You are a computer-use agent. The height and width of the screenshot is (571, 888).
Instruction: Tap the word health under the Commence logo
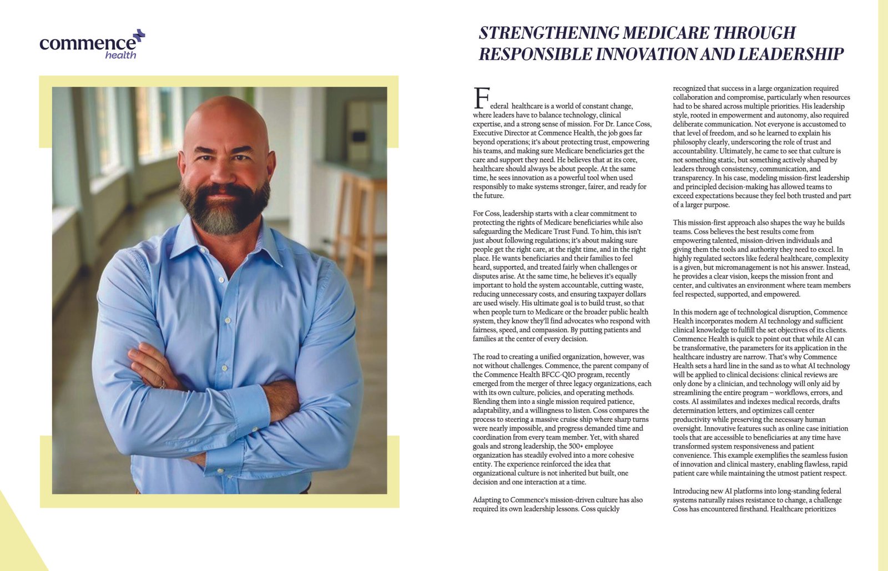click(120, 55)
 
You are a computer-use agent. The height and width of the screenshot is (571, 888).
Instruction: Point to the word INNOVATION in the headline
click(646, 54)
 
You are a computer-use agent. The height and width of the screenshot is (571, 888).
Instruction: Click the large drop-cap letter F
click(481, 98)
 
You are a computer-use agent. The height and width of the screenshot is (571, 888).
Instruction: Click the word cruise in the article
click(581, 420)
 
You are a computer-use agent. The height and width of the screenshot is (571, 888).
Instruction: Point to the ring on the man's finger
click(162, 384)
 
